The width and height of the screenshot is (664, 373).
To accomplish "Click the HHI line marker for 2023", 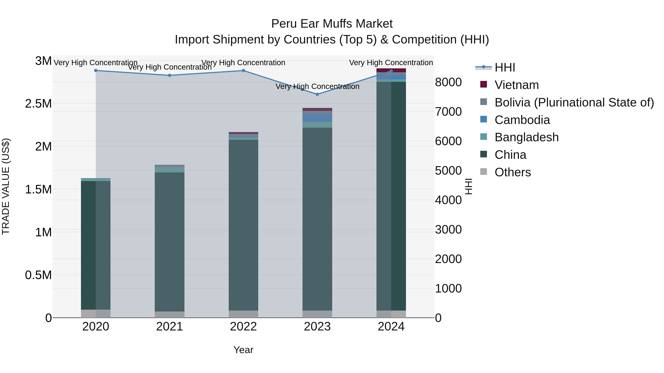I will click(317, 94).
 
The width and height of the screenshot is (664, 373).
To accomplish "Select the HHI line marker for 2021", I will click(170, 75).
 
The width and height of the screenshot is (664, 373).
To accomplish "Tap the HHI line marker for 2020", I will click(96, 71).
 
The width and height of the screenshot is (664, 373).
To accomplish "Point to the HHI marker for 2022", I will click(243, 71).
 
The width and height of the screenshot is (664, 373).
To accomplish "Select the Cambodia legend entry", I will click(522, 120).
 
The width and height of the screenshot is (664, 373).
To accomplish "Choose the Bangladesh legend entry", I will click(526, 137).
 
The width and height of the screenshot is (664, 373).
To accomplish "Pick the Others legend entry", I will click(512, 172).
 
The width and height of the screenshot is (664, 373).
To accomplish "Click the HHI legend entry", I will click(504, 67).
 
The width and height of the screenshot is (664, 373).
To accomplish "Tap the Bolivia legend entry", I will click(574, 102).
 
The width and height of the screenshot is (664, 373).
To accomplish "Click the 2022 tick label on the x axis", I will click(243, 327).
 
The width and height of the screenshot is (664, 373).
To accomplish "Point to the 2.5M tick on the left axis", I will click(38, 104).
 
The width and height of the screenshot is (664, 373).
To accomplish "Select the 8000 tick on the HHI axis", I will click(448, 82).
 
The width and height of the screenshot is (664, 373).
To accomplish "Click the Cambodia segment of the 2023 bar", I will click(317, 118).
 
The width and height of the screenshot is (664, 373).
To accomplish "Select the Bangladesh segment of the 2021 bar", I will click(170, 170).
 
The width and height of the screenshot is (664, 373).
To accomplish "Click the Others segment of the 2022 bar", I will click(243, 314).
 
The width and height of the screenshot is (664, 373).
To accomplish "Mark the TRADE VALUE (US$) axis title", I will click(6, 186).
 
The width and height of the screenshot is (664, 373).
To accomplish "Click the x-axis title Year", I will click(243, 350).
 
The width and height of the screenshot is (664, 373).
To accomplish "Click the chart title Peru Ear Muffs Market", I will click(332, 24).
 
